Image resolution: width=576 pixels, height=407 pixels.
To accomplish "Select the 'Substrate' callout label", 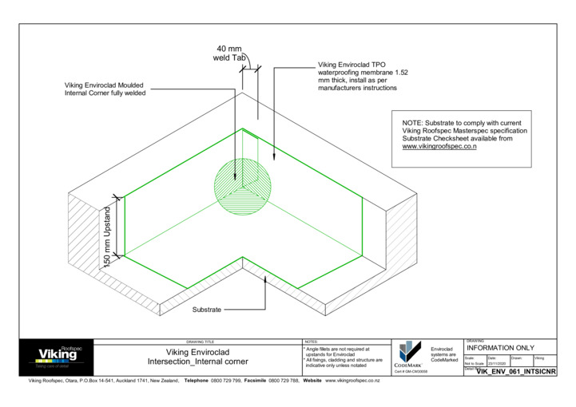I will point(207,309).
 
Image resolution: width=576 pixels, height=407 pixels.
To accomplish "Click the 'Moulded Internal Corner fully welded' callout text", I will point(105,89).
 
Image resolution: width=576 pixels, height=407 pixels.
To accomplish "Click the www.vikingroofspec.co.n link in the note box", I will point(439,147).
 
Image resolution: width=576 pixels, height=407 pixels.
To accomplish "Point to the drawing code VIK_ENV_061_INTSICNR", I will point(515,372).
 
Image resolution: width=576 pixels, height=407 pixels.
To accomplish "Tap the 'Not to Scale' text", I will point(474,363).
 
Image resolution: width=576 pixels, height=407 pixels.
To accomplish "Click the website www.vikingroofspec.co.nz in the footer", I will point(352,381).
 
